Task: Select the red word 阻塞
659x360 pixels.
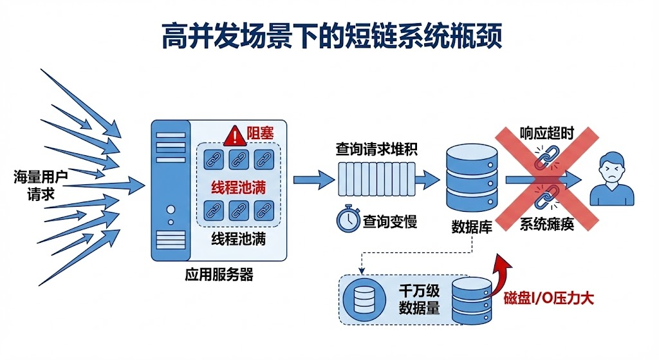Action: (x=260, y=135)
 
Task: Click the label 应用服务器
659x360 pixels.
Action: (x=219, y=275)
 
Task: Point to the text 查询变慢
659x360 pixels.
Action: (x=389, y=222)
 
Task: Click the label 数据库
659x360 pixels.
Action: (x=472, y=226)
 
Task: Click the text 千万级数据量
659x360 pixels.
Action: (x=419, y=299)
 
